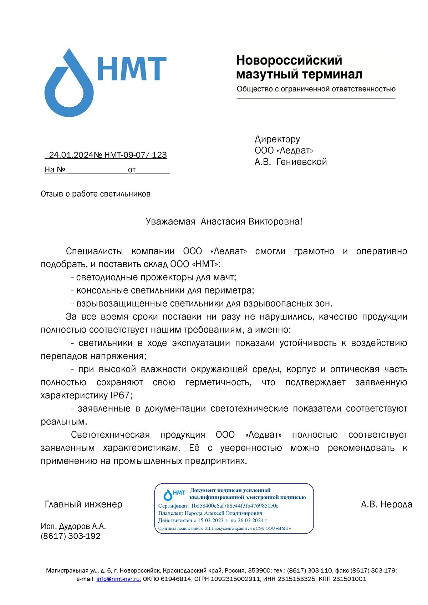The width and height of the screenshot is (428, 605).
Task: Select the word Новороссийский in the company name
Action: pyautogui.click(x=289, y=60)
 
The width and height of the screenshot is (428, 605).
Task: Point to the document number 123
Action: pyautogui.click(x=159, y=155)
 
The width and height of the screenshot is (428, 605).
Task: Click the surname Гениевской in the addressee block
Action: pyautogui.click(x=301, y=162)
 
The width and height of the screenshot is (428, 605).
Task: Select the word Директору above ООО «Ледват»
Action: pyautogui.click(x=277, y=139)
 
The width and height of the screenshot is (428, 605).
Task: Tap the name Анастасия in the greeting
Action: pyautogui.click(x=223, y=222)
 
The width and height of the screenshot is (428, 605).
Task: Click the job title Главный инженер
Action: pyautogui.click(x=83, y=504)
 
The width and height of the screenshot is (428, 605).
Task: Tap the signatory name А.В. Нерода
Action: pyautogui.click(x=386, y=504)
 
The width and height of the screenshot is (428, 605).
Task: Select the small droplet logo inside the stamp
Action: pyautogui.click(x=168, y=495)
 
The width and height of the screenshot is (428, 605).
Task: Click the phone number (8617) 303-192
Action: pyautogui.click(x=71, y=536)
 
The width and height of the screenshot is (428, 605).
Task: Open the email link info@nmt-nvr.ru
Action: pyautogui.click(x=118, y=579)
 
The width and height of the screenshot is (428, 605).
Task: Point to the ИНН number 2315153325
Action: pyautogui.click(x=296, y=579)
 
